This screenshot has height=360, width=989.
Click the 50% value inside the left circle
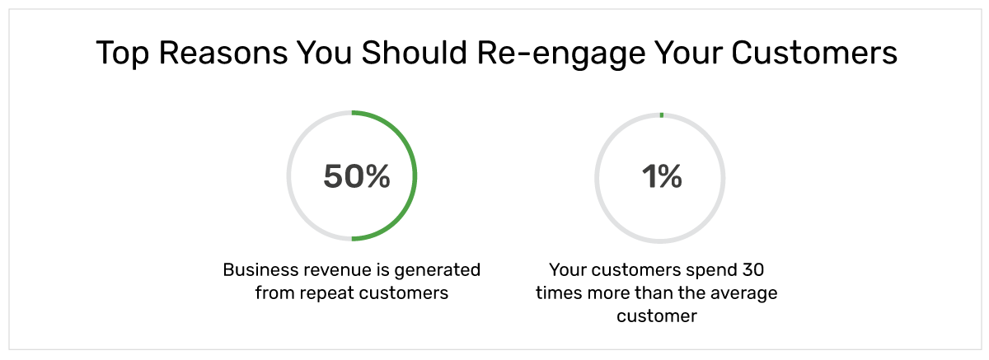(x=357, y=176)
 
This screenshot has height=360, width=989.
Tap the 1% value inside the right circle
(x=662, y=176)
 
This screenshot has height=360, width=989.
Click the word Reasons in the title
(x=223, y=53)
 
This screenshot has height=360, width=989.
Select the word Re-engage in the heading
(x=561, y=54)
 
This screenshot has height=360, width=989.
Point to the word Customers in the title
(x=814, y=53)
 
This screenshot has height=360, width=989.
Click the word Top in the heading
(x=122, y=54)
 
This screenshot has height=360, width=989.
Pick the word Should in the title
(x=414, y=53)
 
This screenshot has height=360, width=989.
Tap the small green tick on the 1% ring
(x=661, y=115)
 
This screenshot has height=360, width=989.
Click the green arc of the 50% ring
(x=415, y=175)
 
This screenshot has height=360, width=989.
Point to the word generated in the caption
(x=437, y=270)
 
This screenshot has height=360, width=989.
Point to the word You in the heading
(x=324, y=53)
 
